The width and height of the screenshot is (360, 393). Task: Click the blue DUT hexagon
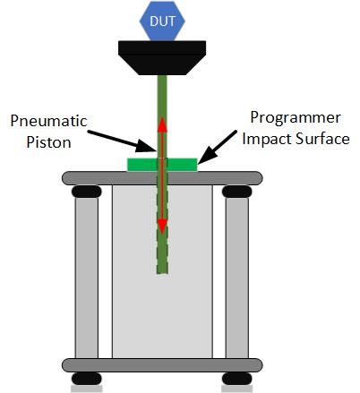(x=162, y=21)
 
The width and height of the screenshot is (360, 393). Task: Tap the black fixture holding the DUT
(x=162, y=57)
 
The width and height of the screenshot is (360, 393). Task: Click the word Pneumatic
(x=48, y=121)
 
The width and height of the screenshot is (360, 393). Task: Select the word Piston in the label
(x=48, y=142)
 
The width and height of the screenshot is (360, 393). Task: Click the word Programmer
(x=296, y=118)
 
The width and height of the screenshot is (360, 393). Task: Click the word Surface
(x=322, y=139)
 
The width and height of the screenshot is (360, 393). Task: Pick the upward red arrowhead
(x=162, y=124)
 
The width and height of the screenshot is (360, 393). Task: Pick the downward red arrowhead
(x=162, y=226)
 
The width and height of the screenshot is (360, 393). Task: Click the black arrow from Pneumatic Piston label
(x=122, y=141)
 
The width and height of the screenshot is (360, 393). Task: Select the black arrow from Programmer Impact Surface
(x=218, y=147)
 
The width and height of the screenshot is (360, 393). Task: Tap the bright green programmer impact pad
(x=162, y=165)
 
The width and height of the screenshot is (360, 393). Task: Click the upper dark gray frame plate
(x=162, y=178)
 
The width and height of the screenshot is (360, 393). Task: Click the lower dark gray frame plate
(x=162, y=365)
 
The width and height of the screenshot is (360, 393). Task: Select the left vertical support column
(x=87, y=278)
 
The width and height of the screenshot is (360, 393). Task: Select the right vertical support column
(x=237, y=278)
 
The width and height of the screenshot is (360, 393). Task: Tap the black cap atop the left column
(x=87, y=192)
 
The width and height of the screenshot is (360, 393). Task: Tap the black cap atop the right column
(x=237, y=192)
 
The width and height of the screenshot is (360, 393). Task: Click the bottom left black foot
(x=87, y=379)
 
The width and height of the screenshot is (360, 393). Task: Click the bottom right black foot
(x=237, y=379)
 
